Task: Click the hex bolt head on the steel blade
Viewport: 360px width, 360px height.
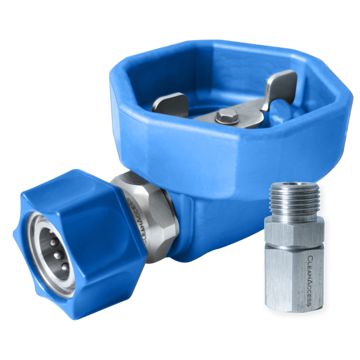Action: point(227,116)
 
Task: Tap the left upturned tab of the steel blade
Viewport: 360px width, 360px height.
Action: point(169,105)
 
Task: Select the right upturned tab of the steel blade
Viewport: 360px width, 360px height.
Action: point(281,90)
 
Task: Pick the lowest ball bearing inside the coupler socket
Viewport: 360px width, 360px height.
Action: point(65,266)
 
